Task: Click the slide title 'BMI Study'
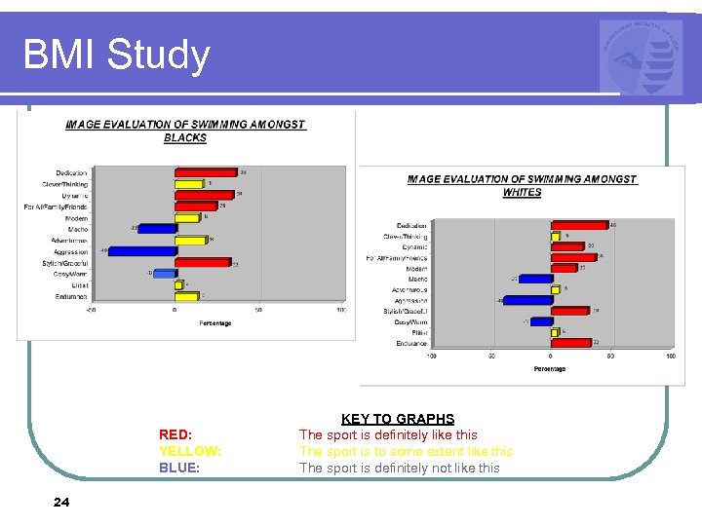(116, 55)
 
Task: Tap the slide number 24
(60, 502)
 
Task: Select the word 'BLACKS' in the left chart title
(185, 138)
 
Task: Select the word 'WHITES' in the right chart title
(522, 192)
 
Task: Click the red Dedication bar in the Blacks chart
(206, 172)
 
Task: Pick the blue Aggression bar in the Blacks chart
(142, 250)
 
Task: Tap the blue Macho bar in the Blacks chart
(156, 229)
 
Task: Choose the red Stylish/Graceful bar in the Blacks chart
(203, 262)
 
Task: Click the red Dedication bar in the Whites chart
(580, 226)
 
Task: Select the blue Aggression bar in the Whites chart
(527, 300)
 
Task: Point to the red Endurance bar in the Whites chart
(572, 343)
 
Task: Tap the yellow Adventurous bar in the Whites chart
(556, 289)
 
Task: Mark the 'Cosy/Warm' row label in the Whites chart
(410, 321)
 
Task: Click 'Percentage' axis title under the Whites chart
(550, 369)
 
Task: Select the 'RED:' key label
(175, 434)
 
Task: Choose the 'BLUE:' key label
(178, 468)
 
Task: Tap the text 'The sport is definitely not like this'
(399, 468)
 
